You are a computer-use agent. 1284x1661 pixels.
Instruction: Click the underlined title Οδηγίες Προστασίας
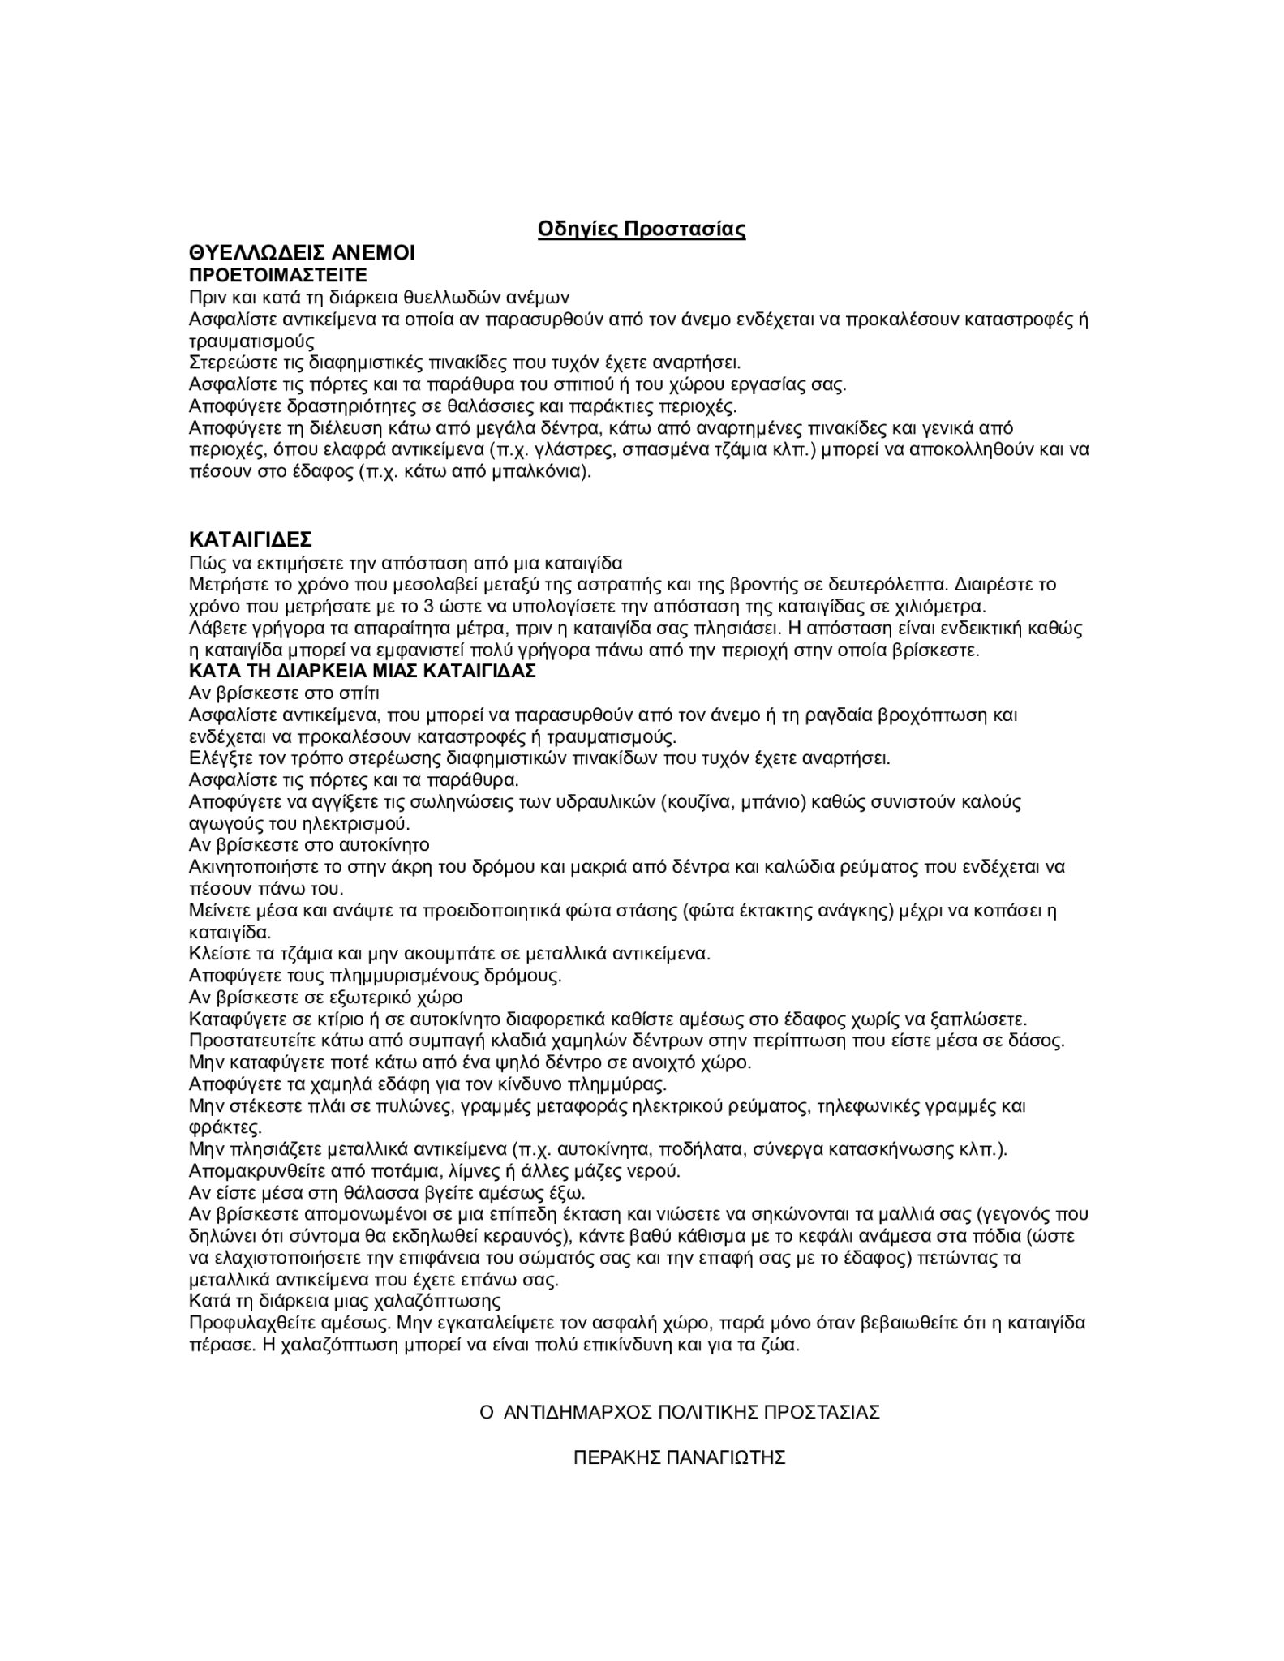click(x=642, y=230)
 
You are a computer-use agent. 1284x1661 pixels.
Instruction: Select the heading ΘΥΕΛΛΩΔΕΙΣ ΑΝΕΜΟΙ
click(x=302, y=253)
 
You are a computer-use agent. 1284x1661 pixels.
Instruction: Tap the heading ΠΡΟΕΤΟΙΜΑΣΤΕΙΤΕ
click(x=278, y=275)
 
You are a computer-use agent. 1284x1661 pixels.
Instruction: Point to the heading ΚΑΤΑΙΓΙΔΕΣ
click(x=251, y=540)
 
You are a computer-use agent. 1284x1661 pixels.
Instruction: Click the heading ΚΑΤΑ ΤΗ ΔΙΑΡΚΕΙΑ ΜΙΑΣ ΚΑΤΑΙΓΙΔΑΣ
click(x=362, y=672)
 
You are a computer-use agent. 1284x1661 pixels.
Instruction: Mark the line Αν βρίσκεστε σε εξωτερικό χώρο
click(x=325, y=997)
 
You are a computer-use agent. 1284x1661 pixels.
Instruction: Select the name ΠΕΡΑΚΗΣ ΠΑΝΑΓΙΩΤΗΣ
click(x=680, y=1457)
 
